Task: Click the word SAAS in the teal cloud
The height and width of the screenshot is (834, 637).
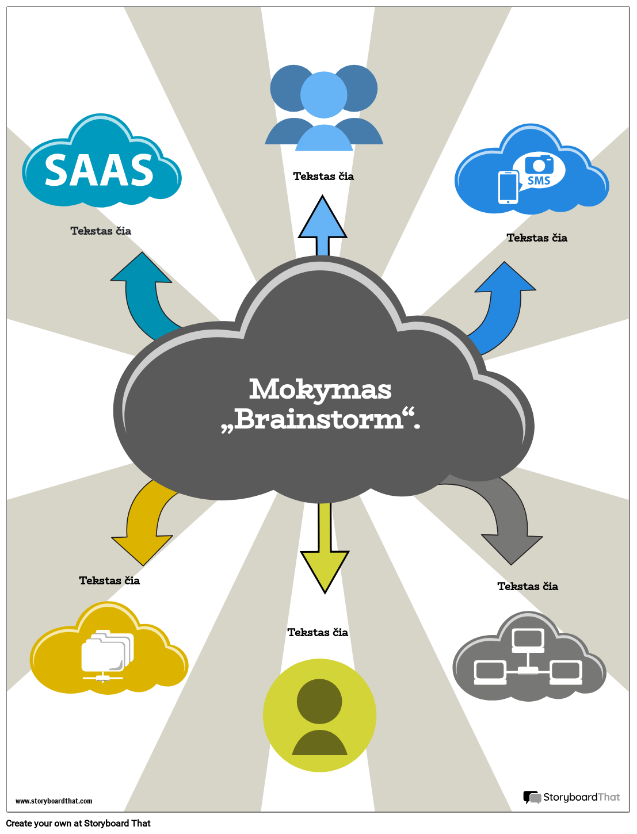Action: point(99,171)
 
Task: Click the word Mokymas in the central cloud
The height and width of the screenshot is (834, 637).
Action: point(320,389)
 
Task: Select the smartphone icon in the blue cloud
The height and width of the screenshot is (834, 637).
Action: point(508,187)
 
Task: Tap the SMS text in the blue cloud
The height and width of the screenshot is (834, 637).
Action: point(539,181)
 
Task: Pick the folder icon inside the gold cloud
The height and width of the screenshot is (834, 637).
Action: point(106,653)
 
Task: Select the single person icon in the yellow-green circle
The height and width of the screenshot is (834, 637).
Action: point(319,716)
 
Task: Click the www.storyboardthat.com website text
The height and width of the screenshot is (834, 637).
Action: point(54,801)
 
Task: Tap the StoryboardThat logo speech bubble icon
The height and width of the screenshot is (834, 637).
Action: point(532,797)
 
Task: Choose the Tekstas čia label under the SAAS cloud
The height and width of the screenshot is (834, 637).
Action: point(101,231)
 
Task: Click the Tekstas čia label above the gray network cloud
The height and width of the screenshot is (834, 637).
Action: point(528,586)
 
